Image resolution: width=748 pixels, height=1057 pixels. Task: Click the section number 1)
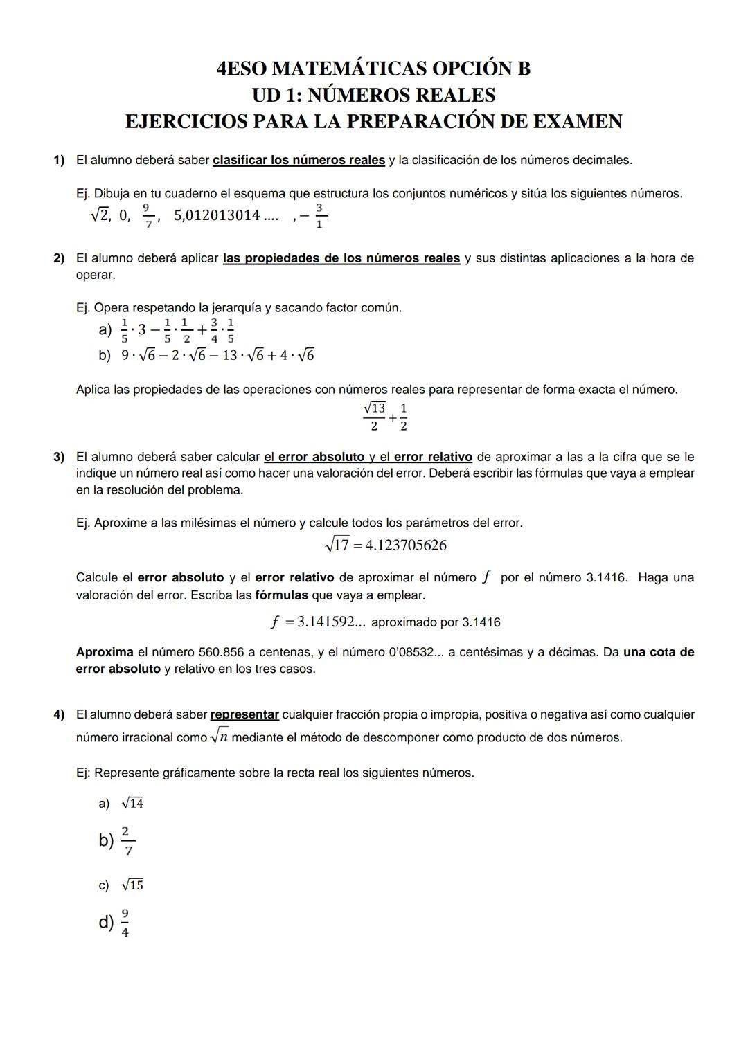point(59,161)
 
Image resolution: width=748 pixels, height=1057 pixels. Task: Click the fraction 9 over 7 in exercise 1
point(146,215)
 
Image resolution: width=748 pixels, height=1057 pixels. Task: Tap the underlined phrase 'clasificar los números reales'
point(299,161)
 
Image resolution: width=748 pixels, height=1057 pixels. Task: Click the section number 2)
point(59,258)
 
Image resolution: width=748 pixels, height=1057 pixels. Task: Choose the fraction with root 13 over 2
point(374,416)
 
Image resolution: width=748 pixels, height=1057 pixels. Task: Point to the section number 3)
point(59,457)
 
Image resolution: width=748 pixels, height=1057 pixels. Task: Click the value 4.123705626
point(406,545)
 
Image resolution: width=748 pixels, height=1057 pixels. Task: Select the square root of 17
point(337,545)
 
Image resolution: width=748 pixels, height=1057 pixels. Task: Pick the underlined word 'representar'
point(244,714)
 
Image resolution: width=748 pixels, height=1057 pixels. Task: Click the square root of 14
point(132,804)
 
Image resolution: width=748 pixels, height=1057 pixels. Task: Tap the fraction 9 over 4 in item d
point(125,923)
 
